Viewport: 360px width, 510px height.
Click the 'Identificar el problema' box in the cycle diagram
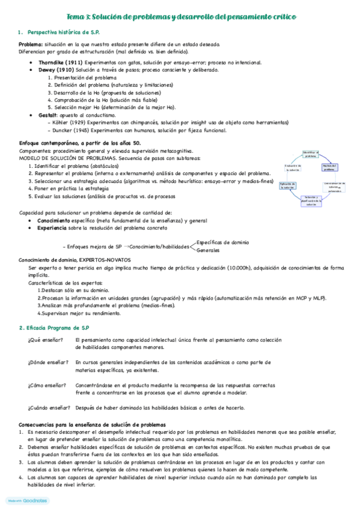[x=310, y=154]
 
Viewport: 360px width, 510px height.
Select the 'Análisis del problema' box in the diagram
[x=329, y=167]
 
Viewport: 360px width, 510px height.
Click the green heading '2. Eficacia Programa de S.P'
[x=54, y=328]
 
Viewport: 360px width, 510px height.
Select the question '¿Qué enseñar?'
[x=41, y=340]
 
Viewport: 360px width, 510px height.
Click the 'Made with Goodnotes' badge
[x=27, y=500]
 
